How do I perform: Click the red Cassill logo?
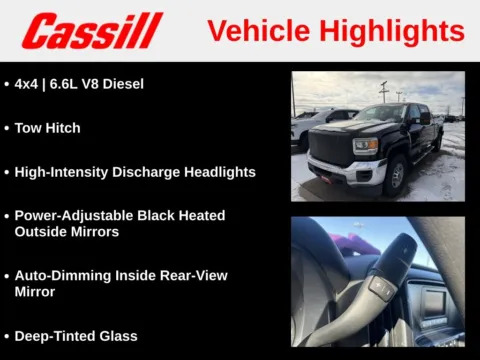(92, 31)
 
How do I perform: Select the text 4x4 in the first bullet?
(28, 84)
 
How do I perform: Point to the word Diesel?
(123, 84)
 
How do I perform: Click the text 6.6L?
(66, 84)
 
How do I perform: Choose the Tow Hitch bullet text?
(47, 128)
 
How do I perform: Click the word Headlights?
(214, 172)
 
